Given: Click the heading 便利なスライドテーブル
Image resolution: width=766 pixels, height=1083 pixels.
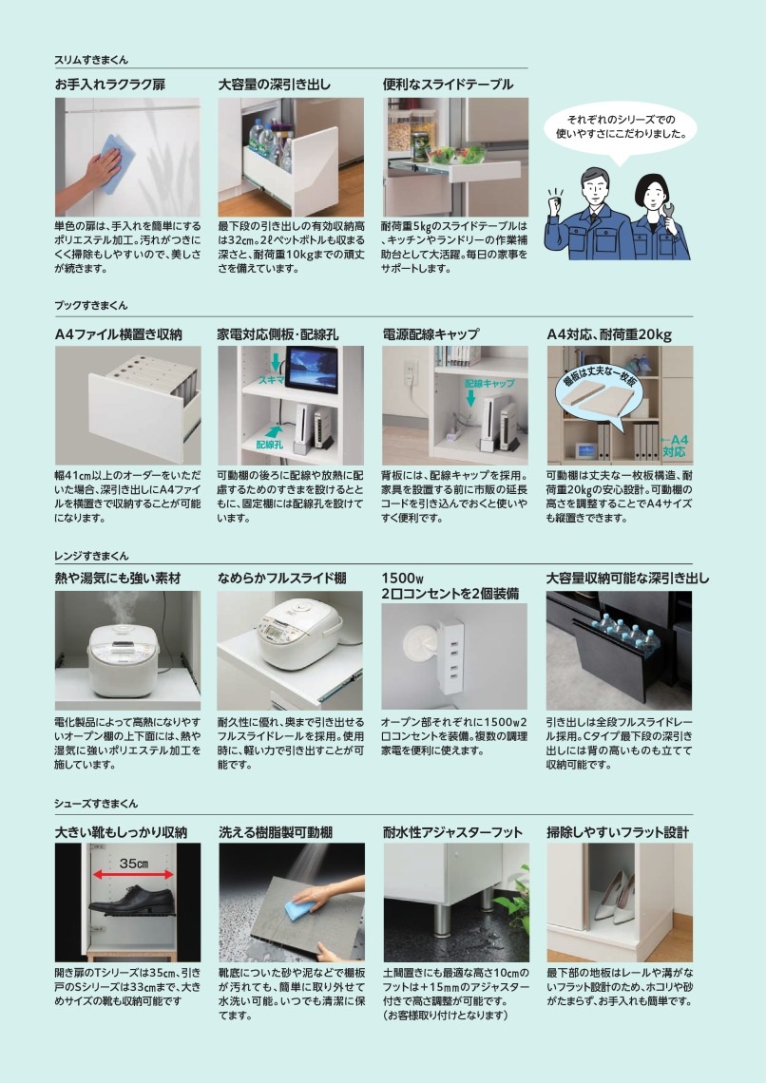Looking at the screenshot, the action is [x=448, y=85].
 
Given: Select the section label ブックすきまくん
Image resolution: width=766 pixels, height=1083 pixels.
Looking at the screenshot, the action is [x=91, y=305].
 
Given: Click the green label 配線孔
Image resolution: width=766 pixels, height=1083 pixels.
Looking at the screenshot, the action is [x=269, y=444].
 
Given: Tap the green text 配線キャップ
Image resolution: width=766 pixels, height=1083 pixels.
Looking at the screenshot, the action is [x=489, y=384].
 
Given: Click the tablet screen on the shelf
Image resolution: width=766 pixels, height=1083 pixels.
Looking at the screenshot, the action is [x=312, y=370].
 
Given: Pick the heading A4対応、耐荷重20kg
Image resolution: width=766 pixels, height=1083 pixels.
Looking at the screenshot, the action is [x=609, y=334].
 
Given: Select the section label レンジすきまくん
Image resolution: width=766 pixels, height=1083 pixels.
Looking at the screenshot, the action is [x=91, y=556].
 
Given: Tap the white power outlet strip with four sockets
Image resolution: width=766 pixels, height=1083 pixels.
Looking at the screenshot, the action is [x=449, y=654].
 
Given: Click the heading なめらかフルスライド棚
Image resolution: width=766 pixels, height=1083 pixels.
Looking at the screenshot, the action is [x=282, y=579].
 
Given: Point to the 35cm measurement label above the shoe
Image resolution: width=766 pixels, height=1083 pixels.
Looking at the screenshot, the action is [x=134, y=864].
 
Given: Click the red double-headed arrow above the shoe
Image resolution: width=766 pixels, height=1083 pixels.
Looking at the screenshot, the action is [x=133, y=875].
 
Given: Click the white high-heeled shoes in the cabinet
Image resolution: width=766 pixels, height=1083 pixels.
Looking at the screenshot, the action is [x=615, y=897].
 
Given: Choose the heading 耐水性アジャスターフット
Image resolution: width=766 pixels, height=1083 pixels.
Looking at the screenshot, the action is [x=452, y=832].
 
